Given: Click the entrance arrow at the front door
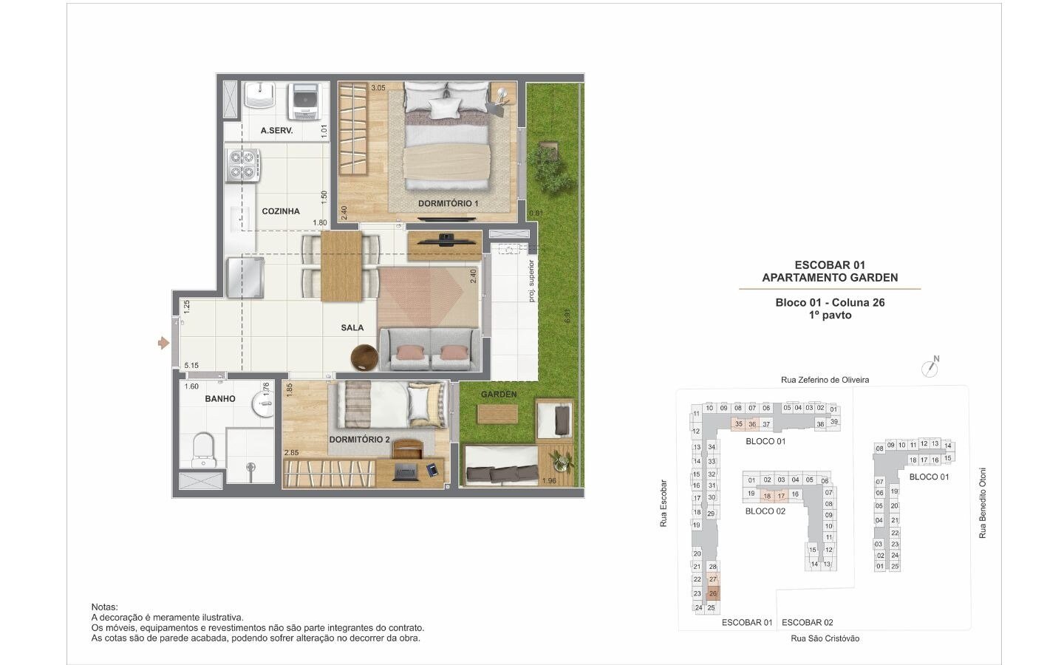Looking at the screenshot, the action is (x=163, y=343).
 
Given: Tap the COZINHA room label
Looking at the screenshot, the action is (x=281, y=211).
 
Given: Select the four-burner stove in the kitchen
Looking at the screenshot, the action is (x=242, y=166).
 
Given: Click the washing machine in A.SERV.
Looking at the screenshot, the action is (x=306, y=102).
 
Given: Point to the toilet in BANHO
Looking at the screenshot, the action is (x=204, y=450).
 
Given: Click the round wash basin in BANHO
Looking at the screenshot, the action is (x=264, y=404).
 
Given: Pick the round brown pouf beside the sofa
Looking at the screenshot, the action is (x=364, y=357).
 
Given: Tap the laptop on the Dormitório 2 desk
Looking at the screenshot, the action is (x=405, y=472).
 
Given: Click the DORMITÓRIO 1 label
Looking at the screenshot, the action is (x=448, y=203).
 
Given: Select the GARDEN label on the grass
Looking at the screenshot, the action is (x=498, y=395).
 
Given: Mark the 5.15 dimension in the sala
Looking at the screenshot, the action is (x=191, y=365).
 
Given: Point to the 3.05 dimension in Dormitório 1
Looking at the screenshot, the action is (x=378, y=88).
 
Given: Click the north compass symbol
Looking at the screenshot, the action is (x=930, y=367).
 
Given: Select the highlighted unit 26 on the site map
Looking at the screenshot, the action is (x=713, y=593).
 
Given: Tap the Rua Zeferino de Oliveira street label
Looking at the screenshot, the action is (x=825, y=380).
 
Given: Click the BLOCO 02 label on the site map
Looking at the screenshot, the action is (x=765, y=511).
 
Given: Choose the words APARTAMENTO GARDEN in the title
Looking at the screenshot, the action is (x=830, y=277).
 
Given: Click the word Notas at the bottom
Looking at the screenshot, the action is (x=104, y=607).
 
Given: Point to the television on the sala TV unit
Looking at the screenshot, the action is (x=444, y=240).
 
